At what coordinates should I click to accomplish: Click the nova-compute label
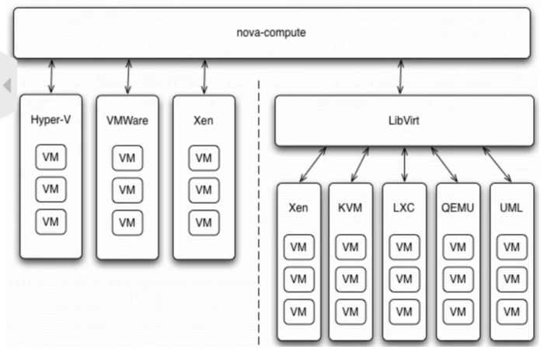271,33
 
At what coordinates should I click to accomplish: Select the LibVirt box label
403,121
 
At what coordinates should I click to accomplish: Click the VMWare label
127,121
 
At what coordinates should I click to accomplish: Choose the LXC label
403,208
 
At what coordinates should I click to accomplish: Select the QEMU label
457,208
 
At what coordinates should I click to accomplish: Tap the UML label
510,208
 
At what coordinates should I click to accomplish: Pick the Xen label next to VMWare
203,121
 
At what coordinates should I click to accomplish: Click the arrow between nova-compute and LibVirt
402,77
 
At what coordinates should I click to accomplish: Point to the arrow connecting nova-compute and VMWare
128,76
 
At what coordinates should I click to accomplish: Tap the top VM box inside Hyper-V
51,158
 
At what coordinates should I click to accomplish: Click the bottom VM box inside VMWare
127,222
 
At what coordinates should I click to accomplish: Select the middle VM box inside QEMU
457,278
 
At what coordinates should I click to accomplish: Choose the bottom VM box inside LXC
403,310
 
